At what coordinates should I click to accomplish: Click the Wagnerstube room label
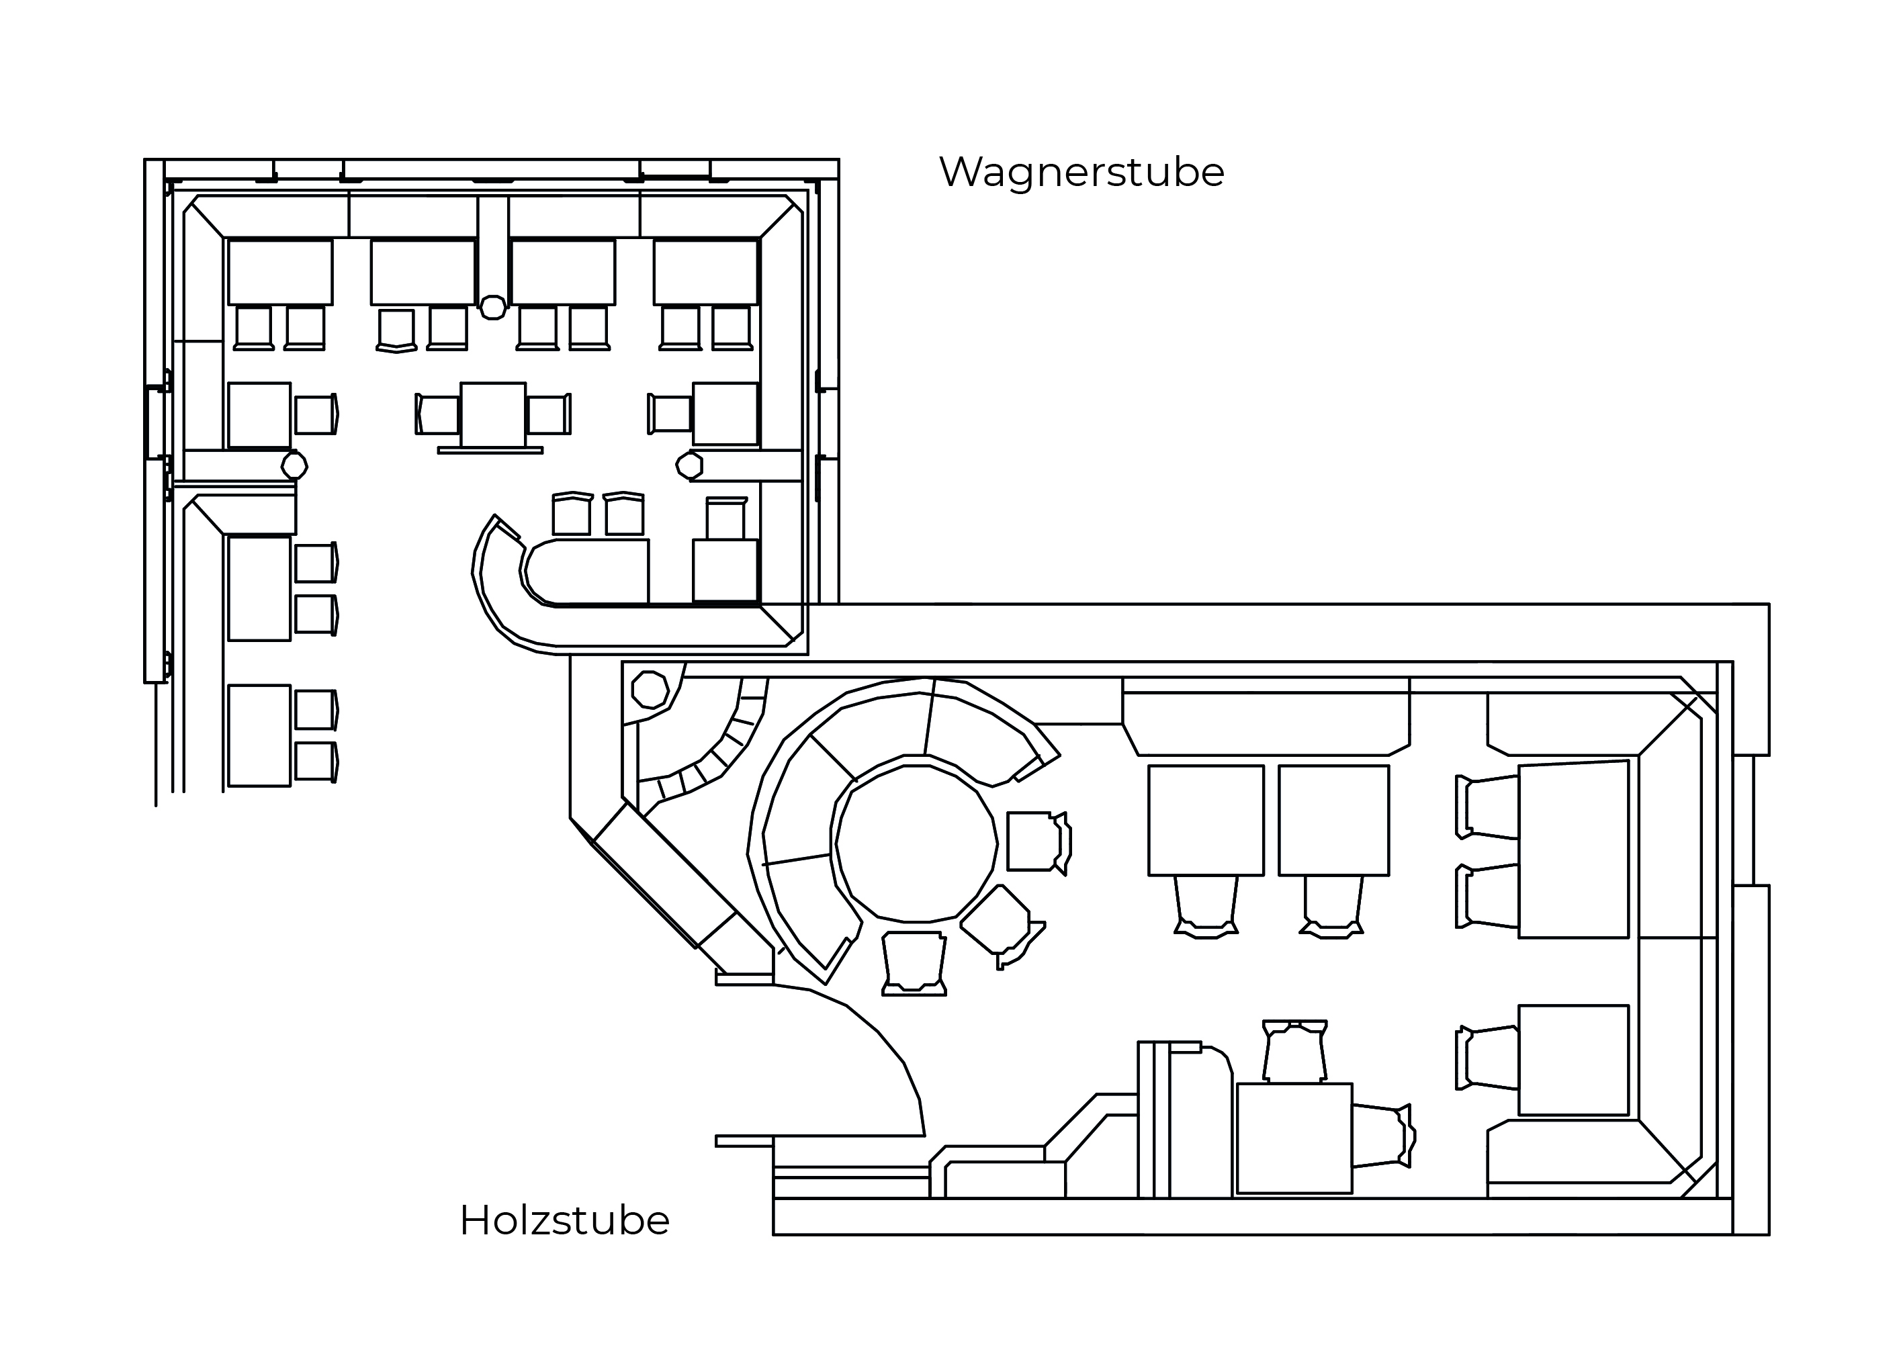pos(1081,173)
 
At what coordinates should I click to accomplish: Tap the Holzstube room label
pos(564,1221)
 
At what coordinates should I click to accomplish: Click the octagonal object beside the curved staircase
pos(650,690)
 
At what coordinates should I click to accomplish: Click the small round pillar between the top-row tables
pos(493,308)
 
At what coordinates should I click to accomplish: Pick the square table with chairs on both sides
pos(493,415)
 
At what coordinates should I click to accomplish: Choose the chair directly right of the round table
pos(1036,841)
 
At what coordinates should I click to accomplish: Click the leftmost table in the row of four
pos(279,272)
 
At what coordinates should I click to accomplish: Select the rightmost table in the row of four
pos(705,272)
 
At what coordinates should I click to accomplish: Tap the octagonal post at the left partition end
pos(294,465)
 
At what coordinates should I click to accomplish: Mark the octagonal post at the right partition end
pos(689,465)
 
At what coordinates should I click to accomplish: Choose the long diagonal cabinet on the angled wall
pos(664,875)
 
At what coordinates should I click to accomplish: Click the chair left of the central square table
pos(438,415)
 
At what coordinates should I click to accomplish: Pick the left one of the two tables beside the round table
pos(1205,821)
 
